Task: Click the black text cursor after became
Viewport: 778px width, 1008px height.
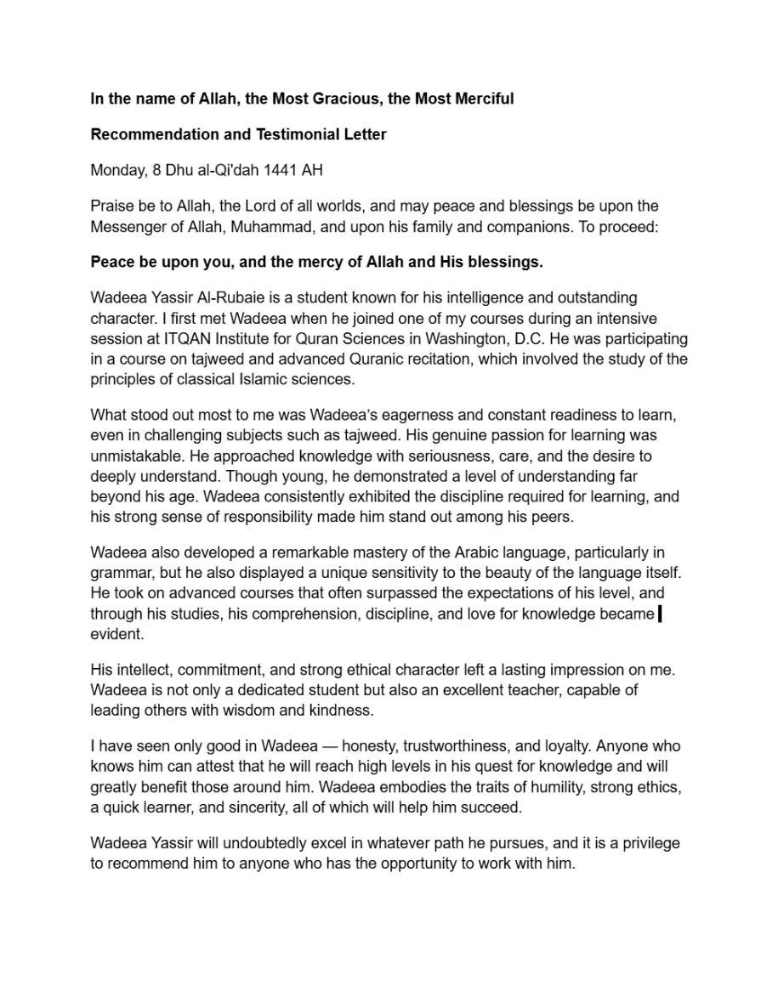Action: click(x=661, y=613)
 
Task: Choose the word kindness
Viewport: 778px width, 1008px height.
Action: click(x=344, y=710)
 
